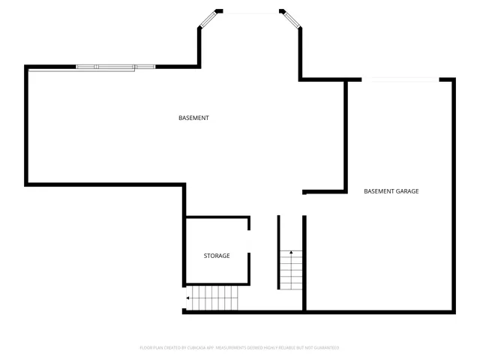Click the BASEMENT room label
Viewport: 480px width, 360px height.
pos(193,118)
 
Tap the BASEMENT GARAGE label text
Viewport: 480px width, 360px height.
pos(391,191)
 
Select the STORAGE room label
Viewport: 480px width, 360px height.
pos(217,256)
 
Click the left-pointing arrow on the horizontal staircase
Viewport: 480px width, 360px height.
pos(187,298)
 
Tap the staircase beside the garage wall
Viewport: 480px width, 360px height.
pos(291,270)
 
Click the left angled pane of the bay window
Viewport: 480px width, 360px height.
pos(209,19)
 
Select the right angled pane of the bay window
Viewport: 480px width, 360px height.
pos(292,19)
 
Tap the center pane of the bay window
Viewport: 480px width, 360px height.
pos(251,11)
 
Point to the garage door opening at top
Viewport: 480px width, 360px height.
pos(400,79)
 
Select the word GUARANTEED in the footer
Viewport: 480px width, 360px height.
pos(325,348)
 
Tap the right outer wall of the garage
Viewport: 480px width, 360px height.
pos(454,195)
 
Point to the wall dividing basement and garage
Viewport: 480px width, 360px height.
pos(346,135)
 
